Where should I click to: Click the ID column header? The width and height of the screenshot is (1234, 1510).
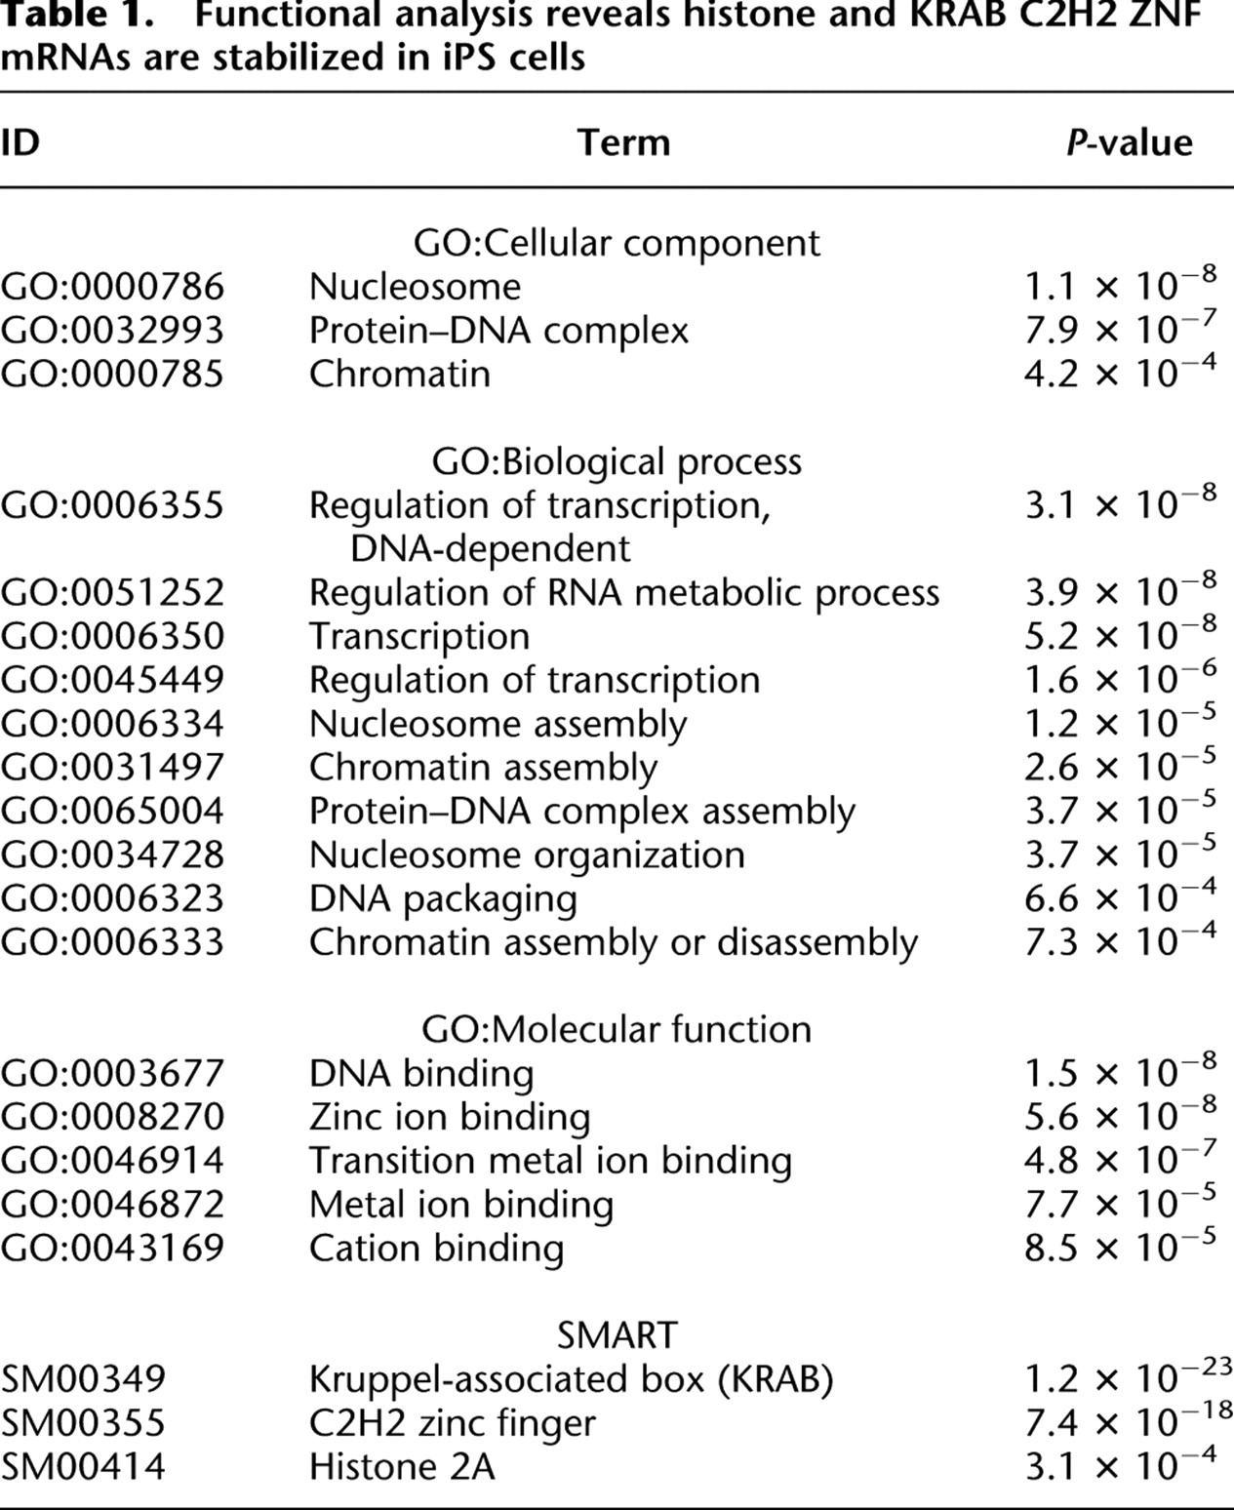point(20,143)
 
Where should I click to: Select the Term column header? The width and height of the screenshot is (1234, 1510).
point(623,143)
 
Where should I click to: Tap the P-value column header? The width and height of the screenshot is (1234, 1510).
point(1129,143)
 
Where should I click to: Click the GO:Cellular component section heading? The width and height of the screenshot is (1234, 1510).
point(617,243)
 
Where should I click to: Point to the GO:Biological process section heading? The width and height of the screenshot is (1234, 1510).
point(617,461)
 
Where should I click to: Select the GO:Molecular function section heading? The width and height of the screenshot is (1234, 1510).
point(617,1029)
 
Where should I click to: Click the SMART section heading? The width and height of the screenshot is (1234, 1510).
point(617,1334)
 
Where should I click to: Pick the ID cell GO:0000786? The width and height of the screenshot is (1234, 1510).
point(112,287)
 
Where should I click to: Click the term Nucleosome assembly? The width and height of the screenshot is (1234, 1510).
point(498,724)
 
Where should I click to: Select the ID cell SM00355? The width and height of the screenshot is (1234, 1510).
point(84,1423)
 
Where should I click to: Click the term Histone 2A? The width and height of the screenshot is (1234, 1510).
point(402,1467)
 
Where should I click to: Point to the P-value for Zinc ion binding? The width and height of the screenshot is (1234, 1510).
point(1120,1116)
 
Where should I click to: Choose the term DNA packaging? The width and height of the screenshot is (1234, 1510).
point(443,898)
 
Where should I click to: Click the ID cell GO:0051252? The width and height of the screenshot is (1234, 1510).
point(112,593)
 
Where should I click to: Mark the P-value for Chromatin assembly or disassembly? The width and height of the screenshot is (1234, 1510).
point(1120,941)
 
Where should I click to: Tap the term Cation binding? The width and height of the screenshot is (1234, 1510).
point(436,1249)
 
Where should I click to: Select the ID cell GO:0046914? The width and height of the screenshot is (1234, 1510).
point(112,1161)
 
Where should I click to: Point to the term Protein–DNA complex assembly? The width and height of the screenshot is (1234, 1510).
point(581,812)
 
